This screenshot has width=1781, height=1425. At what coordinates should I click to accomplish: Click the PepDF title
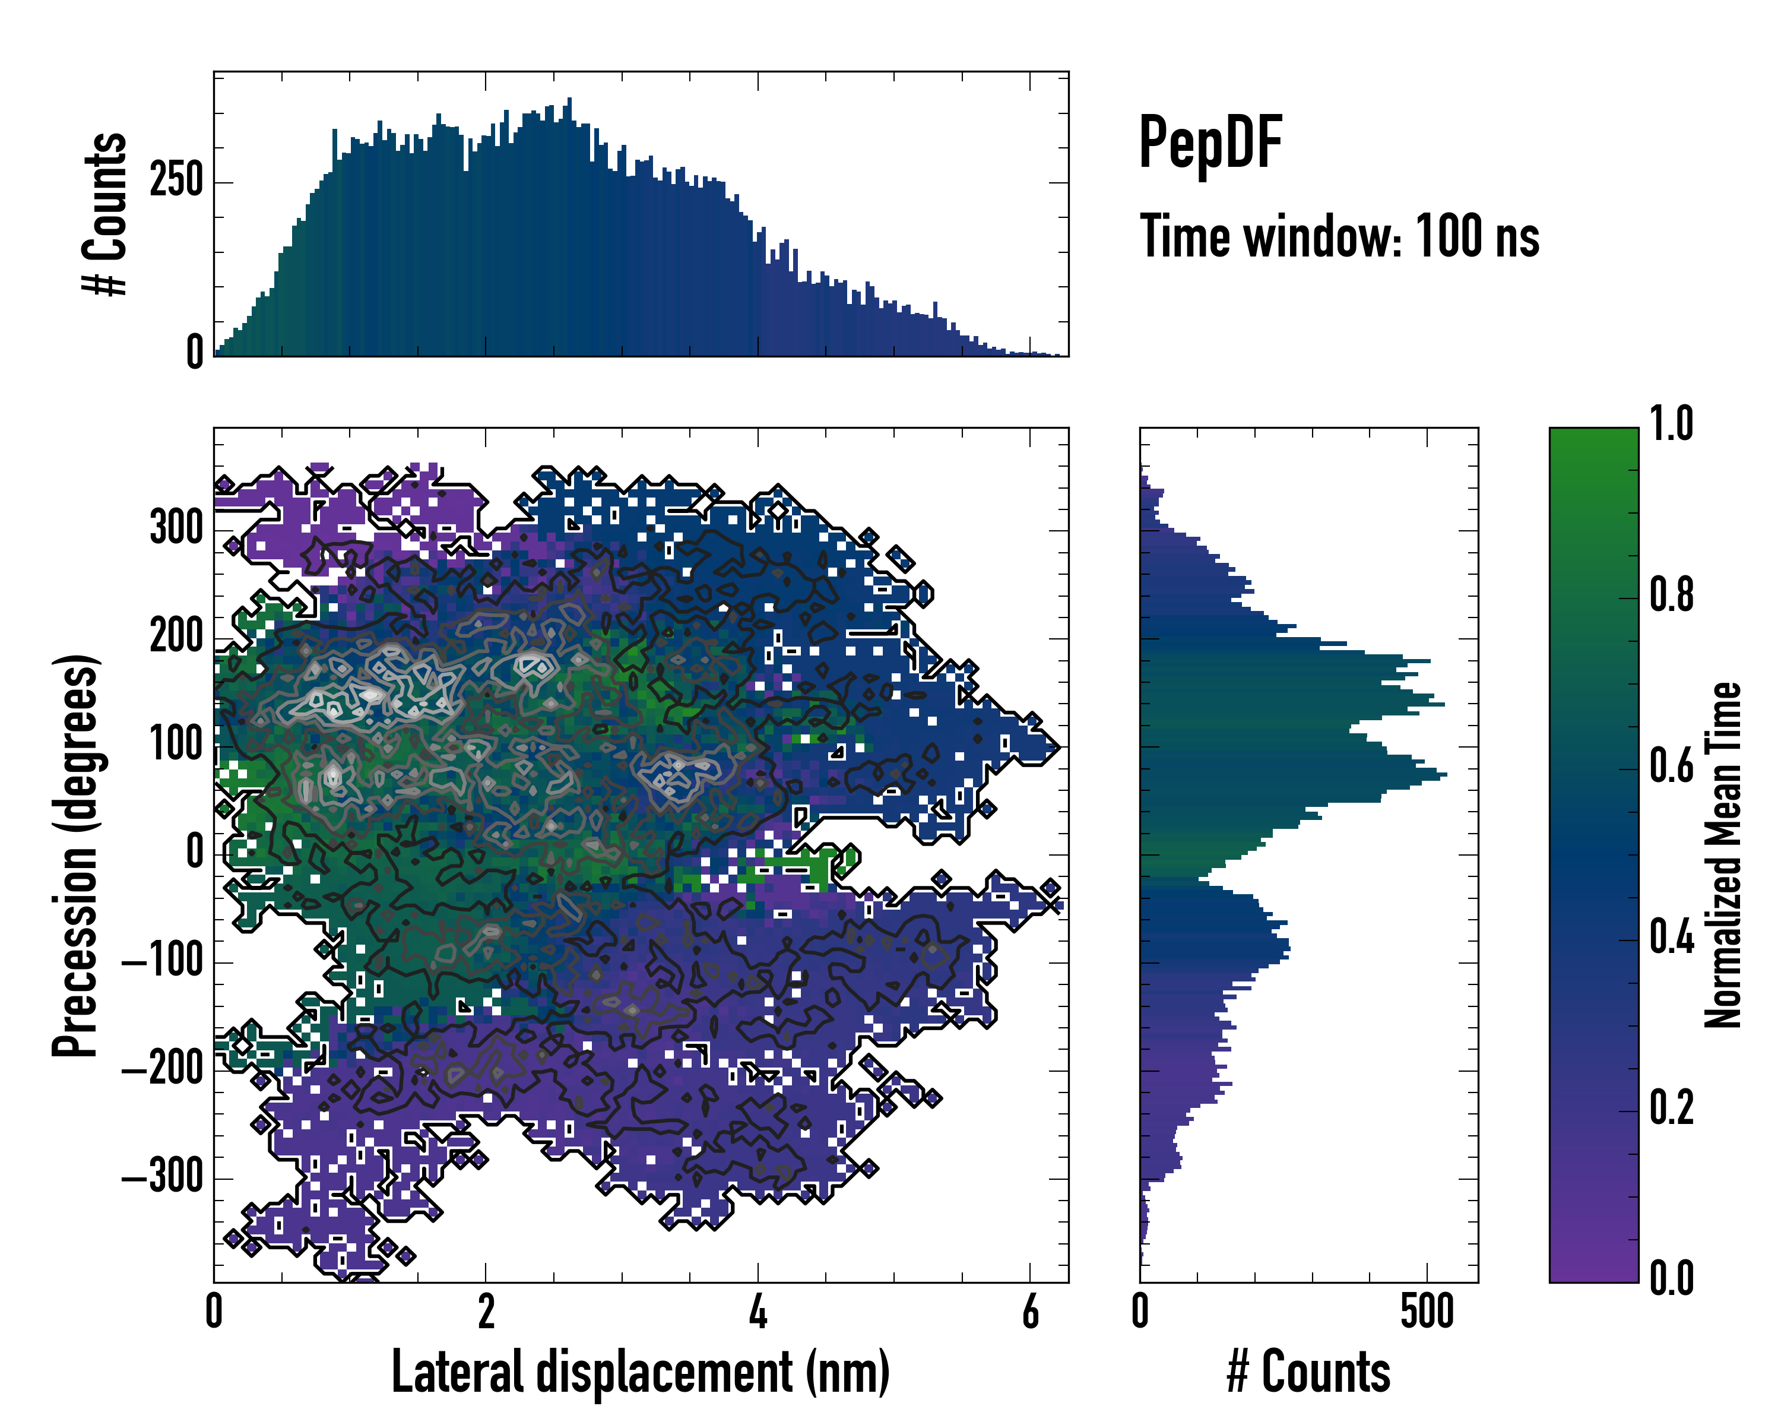click(x=1209, y=143)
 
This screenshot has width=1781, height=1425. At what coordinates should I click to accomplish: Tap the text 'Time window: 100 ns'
click(x=1339, y=237)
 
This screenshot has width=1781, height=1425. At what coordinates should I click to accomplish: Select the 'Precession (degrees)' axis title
click(x=76, y=855)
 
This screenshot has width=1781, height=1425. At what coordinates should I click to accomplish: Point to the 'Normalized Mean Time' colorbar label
click(x=1723, y=855)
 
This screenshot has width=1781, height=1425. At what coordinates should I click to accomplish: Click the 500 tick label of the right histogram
click(x=1427, y=1312)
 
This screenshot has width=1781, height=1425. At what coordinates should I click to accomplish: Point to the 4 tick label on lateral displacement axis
click(x=758, y=1312)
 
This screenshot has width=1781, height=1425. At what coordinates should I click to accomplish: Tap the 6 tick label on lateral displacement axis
click(x=1030, y=1312)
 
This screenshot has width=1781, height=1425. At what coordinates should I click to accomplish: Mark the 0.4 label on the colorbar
click(x=1671, y=938)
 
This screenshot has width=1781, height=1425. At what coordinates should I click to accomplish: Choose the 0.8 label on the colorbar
click(x=1671, y=595)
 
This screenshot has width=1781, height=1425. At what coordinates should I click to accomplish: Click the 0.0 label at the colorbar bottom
click(x=1671, y=1279)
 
